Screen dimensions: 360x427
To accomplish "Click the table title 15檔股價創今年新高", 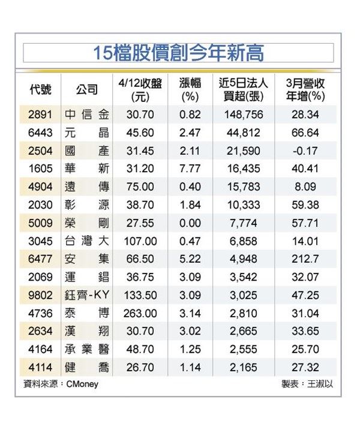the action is (179, 53).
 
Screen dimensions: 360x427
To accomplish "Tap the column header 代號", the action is (40, 89).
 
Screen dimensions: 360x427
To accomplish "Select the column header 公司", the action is (86, 89).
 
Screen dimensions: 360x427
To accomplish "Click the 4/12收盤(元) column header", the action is (140, 90).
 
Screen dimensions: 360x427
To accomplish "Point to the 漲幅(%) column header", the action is (190, 90).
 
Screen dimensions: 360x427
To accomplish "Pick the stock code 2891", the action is (40, 115).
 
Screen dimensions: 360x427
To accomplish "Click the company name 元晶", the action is (87, 133).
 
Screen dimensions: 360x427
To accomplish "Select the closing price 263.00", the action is (140, 314).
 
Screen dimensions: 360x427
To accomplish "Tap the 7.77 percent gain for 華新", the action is (190, 169).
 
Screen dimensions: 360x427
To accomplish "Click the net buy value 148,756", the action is (244, 115).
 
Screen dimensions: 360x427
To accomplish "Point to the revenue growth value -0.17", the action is (305, 151).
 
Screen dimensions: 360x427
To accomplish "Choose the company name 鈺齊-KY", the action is (87, 295).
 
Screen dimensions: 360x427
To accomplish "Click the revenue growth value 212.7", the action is (305, 258).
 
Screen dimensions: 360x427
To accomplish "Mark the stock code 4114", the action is (40, 368).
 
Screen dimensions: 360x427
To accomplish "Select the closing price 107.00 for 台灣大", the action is (140, 241).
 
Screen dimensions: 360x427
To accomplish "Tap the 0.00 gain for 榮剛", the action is (190, 223).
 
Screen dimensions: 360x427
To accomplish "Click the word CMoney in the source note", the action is (82, 384).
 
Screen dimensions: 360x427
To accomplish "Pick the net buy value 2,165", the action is (244, 368).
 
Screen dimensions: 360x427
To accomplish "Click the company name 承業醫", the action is (87, 350).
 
